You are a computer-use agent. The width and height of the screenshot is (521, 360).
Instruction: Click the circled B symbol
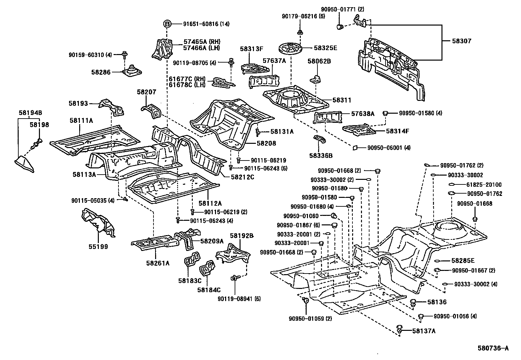(167, 24)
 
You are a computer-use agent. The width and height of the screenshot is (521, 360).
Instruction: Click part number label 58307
(462, 41)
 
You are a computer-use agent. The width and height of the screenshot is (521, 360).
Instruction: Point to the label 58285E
(463, 261)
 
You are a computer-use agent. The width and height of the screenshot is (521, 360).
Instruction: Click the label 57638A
(363, 114)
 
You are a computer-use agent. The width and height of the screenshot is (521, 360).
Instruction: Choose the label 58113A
(84, 175)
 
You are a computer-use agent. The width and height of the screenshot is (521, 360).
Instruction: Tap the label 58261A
(158, 262)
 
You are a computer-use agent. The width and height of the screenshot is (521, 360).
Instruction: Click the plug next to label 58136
(413, 302)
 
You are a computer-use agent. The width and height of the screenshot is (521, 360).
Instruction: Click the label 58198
(39, 124)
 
